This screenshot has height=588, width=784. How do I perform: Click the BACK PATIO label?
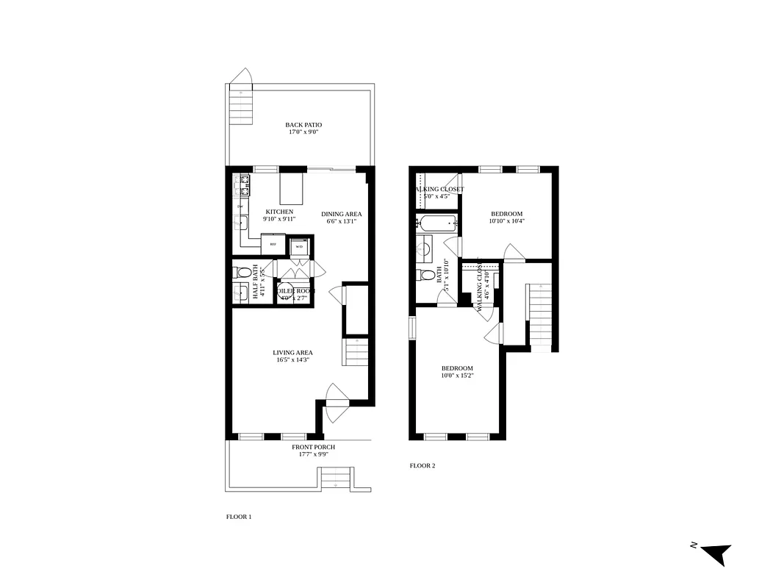pyautogui.click(x=303, y=125)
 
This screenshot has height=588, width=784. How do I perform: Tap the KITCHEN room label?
pyautogui.click(x=279, y=212)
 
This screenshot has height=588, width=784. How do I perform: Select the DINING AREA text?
pyautogui.click(x=342, y=214)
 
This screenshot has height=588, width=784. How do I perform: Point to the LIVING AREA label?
pyautogui.click(x=293, y=353)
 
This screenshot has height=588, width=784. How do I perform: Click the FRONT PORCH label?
pyautogui.click(x=313, y=447)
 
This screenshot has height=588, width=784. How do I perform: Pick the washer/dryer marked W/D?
pyautogui.click(x=299, y=247)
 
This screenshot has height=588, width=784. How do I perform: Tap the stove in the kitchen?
pyautogui.click(x=242, y=184)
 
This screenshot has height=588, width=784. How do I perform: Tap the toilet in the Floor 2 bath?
pyautogui.click(x=425, y=276)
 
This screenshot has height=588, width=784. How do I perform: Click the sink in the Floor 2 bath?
pyautogui.click(x=424, y=248)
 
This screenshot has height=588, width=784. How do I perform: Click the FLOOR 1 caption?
pyautogui.click(x=239, y=517)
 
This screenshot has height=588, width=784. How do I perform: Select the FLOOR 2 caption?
pyautogui.click(x=422, y=465)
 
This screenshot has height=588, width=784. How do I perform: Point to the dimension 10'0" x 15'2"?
pyautogui.click(x=457, y=376)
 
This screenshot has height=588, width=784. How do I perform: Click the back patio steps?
pyautogui.click(x=241, y=107)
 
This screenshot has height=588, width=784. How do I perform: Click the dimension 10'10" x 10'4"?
pyautogui.click(x=507, y=220)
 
